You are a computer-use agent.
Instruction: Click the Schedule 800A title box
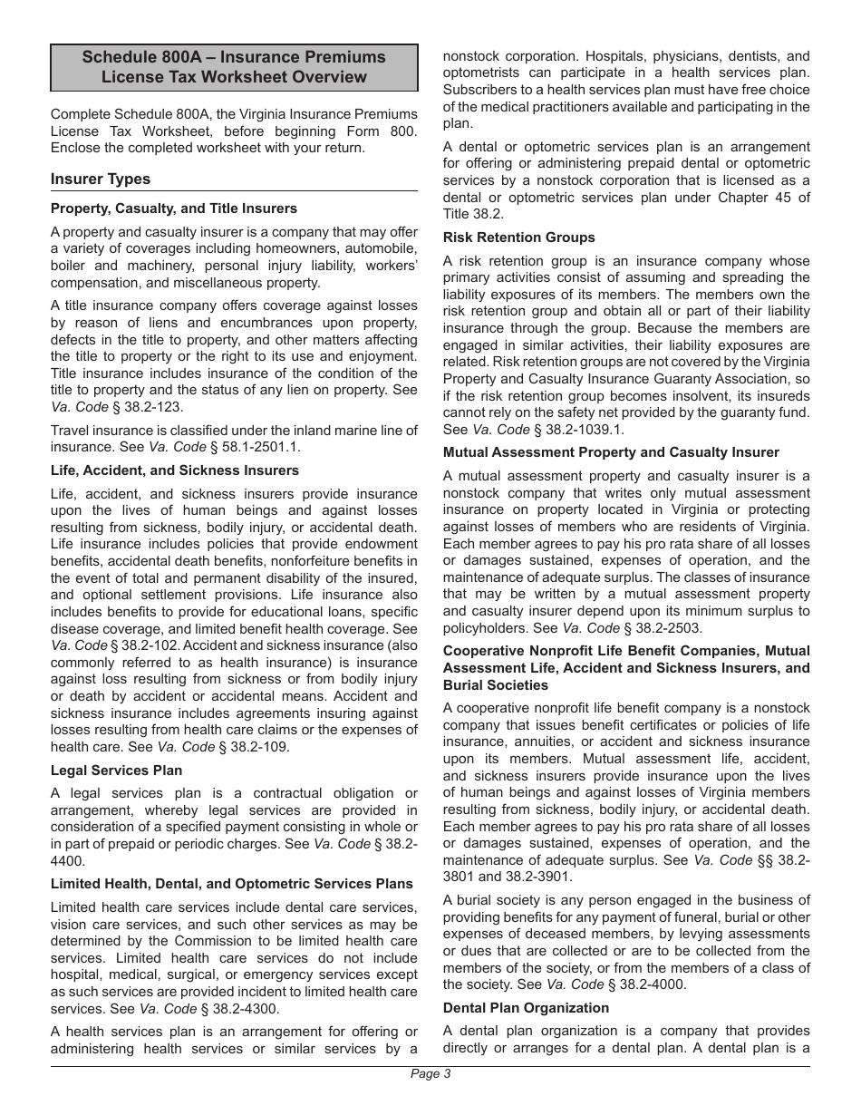tap(234, 67)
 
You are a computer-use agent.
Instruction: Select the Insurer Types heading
tap(101, 179)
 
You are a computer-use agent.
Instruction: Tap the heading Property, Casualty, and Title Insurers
tap(174, 208)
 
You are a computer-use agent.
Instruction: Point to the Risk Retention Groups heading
tap(519, 238)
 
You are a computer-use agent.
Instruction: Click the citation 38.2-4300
tap(245, 1009)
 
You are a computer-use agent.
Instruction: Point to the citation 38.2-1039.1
tap(585, 430)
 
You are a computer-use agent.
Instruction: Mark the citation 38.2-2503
tap(663, 628)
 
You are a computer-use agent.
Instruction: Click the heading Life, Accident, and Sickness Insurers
tap(175, 470)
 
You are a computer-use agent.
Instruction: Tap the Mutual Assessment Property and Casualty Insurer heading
tap(611, 452)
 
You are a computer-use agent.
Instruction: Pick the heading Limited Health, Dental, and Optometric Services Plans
tap(232, 884)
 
